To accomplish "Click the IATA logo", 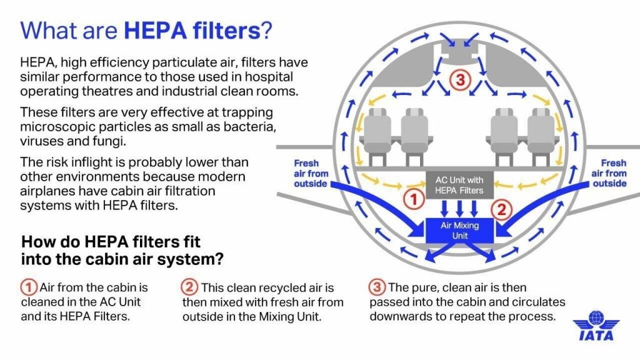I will tap(596, 326).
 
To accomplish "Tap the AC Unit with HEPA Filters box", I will tap(459, 185).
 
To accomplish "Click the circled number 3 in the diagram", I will tap(459, 80).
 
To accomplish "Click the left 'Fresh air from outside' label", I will tap(310, 173).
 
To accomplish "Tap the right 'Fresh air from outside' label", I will tap(609, 173).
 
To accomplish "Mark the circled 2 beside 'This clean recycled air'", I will tap(190, 287).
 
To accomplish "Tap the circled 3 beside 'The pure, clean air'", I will tap(377, 287).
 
